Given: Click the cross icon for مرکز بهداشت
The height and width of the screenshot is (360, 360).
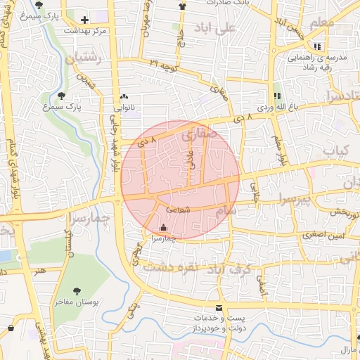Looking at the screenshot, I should coord(85,20).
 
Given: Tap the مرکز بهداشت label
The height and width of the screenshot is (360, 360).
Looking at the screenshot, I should coord(85,31).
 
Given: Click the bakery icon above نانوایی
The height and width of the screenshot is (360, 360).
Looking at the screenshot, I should coord(124,97).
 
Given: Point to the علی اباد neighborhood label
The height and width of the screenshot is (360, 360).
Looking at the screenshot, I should coord(217,31).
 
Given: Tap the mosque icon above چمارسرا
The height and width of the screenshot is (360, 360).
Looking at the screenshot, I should coord(164,227).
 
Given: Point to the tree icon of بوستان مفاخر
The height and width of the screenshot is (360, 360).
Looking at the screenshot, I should coord(77,290).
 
